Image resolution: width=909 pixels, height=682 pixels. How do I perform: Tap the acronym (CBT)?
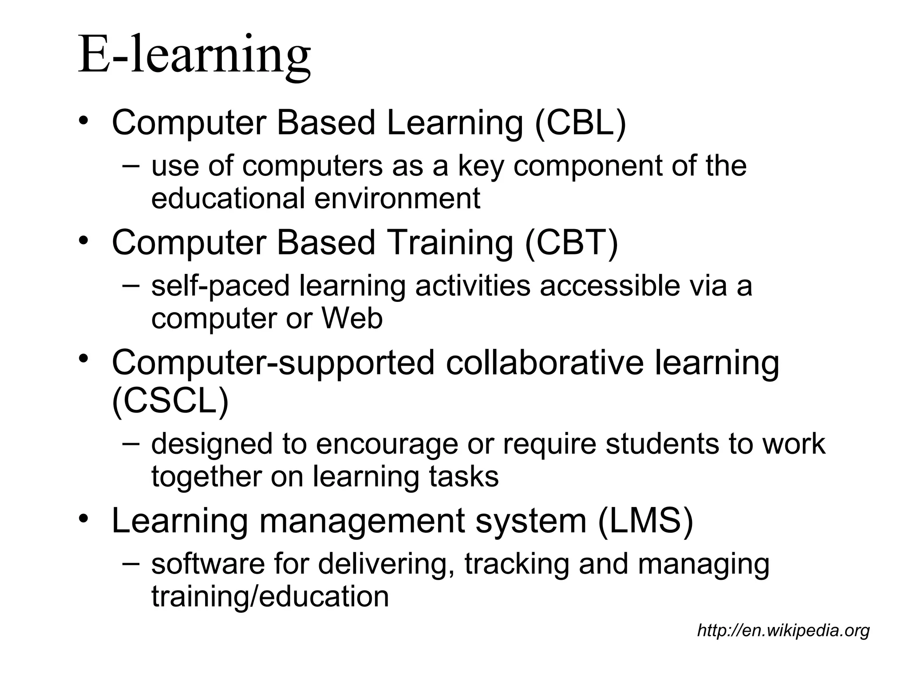coord(571,243)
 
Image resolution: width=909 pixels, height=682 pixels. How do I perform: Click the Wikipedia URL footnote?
coord(783,630)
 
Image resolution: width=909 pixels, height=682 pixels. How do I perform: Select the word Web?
coord(352,318)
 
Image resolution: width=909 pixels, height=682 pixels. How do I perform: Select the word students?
coord(661,444)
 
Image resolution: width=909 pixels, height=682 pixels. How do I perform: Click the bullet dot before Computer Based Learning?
coord(83,121)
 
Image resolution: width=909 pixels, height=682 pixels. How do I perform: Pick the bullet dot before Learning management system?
coord(83,519)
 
